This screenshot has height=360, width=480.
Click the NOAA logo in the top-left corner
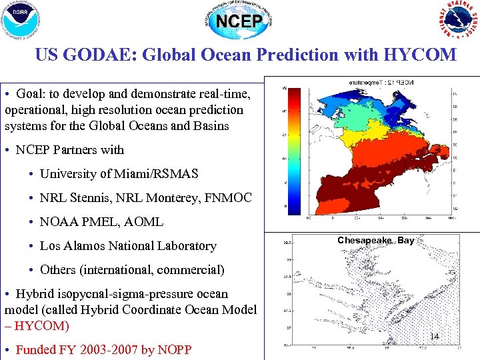21,20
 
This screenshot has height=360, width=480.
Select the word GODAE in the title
99,55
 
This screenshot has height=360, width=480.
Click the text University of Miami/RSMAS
119,174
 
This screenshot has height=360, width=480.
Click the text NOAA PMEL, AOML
101,222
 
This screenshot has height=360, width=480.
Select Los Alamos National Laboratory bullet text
128,246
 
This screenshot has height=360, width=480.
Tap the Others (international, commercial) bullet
132,270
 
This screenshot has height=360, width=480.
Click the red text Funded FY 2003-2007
81,349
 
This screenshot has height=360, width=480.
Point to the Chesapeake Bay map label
375,241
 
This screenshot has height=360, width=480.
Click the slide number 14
434,337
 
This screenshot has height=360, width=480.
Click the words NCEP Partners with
70,150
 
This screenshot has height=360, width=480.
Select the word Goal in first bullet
31,94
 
